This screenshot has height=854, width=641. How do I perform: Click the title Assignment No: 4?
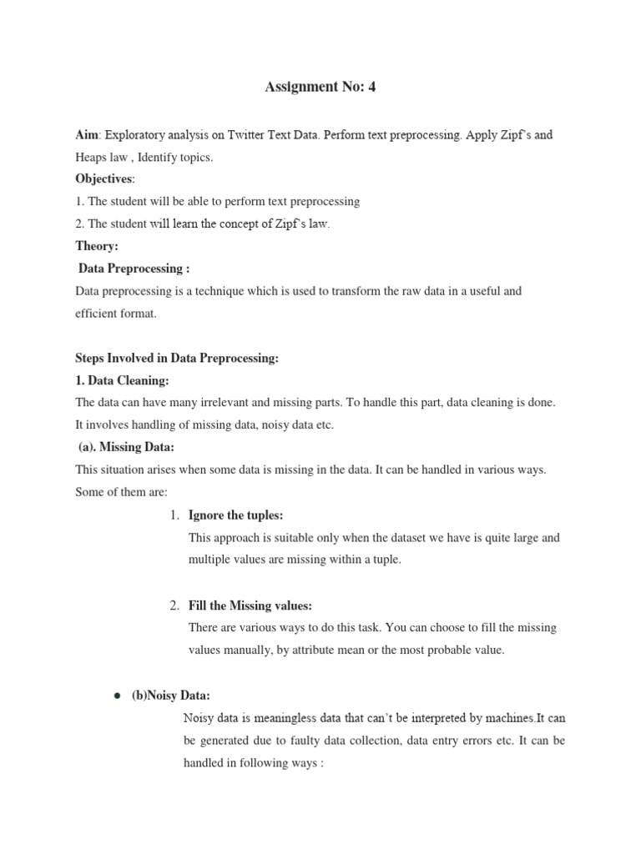320,86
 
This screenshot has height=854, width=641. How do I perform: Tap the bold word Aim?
87,134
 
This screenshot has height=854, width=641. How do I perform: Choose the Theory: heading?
97,246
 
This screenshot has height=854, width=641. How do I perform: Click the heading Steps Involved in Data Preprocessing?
176,358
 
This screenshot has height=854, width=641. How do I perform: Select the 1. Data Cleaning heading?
122,380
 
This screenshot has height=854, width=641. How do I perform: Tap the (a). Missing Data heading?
126,447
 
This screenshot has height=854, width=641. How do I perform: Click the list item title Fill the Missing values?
250,605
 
